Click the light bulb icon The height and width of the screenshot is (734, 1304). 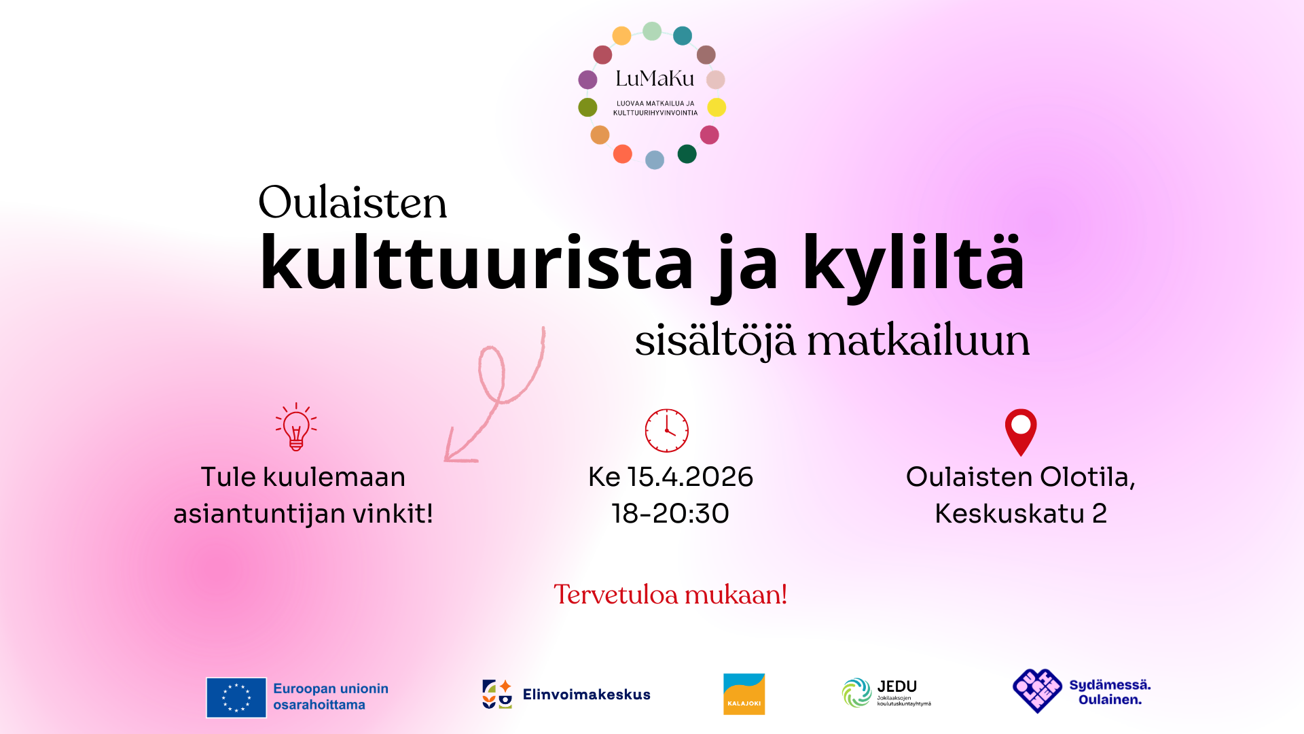[x=296, y=427]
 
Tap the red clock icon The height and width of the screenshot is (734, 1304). [x=666, y=431]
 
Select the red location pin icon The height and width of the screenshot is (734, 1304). [x=1021, y=431]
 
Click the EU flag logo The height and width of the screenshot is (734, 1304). [x=236, y=697]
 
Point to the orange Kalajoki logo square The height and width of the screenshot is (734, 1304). [x=744, y=694]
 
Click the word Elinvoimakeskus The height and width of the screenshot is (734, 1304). [x=586, y=695]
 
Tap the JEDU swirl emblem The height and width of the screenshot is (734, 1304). [x=856, y=693]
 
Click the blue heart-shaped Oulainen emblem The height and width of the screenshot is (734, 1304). [x=1037, y=691]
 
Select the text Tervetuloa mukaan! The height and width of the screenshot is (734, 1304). [x=670, y=595]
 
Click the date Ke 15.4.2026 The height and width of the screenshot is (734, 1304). [x=670, y=477]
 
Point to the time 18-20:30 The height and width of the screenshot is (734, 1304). [x=670, y=514]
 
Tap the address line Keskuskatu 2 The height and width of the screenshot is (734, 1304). [x=1021, y=514]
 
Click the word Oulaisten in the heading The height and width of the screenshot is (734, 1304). [x=352, y=203]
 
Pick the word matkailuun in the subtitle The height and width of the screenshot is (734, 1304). [x=918, y=340]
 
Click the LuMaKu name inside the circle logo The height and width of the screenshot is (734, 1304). [x=655, y=79]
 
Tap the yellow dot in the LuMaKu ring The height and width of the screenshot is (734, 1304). [x=717, y=107]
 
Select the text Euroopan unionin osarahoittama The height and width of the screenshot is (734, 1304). [x=331, y=697]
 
